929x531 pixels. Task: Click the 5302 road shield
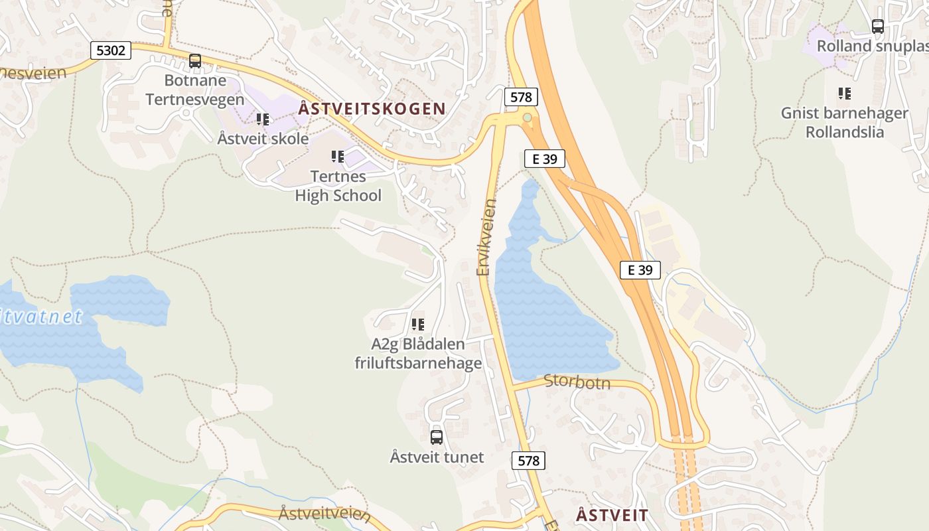coord(111,50)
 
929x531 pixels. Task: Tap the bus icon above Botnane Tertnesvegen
coord(195,61)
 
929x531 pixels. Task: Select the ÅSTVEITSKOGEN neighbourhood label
coord(372,109)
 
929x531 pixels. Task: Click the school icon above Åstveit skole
coord(263,119)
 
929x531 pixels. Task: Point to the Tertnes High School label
coord(338,187)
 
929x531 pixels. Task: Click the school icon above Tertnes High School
coord(338,157)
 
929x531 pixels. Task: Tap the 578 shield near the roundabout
coord(520,97)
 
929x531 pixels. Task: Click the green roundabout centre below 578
coord(527,117)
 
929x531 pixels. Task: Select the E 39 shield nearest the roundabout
coord(544,158)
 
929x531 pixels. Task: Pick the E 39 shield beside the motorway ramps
coord(640,269)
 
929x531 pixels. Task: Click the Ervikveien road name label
coord(487,238)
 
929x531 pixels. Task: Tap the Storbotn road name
coord(577,382)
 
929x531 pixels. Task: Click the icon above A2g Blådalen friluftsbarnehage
coord(417,325)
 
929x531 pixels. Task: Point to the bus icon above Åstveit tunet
coord(436,437)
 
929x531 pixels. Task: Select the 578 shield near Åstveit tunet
coord(528,460)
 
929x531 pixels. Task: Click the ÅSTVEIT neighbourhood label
coord(612,515)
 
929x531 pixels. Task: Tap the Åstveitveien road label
coord(324,514)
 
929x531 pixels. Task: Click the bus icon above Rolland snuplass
coord(877,27)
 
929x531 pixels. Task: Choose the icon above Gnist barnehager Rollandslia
coord(844,94)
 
